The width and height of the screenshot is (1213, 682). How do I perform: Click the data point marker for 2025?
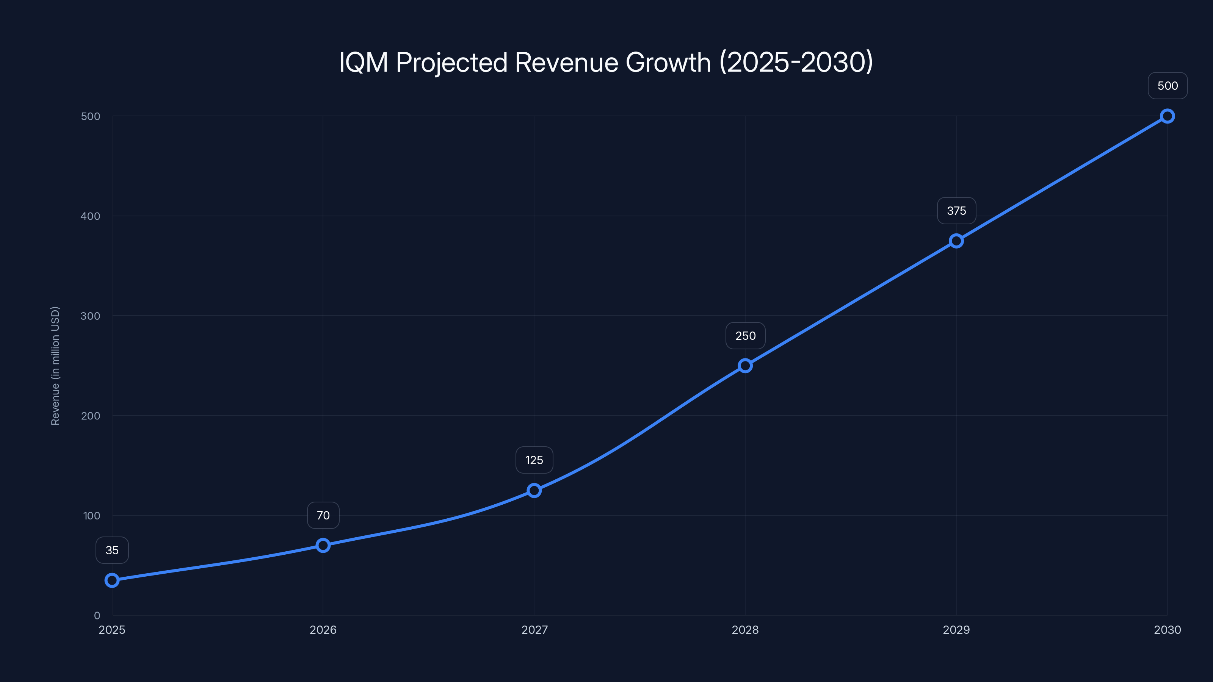[x=112, y=580]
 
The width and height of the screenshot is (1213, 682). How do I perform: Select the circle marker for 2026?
[x=323, y=546]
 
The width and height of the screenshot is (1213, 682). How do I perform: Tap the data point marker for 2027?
[x=534, y=490]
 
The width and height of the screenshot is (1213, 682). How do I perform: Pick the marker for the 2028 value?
[x=745, y=366]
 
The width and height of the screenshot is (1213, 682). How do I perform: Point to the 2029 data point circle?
[x=956, y=241]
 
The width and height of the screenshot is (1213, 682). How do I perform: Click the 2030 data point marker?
[x=1168, y=116]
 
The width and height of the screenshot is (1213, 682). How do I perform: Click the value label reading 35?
[x=112, y=550]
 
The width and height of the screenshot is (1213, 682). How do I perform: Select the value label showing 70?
[x=323, y=515]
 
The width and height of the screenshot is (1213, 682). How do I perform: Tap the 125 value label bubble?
[x=534, y=460]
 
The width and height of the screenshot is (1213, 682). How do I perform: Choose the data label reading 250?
[x=745, y=336]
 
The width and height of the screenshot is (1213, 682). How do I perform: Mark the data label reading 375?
[x=956, y=211]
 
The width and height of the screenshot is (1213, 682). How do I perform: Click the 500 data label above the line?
[x=1168, y=86]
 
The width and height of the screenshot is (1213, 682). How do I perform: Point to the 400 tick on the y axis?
[x=91, y=216]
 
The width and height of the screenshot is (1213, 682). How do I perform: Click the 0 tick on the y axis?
[x=97, y=616]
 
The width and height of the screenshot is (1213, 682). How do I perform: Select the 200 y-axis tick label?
[x=91, y=416]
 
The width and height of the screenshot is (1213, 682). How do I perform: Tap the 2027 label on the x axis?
[x=534, y=630]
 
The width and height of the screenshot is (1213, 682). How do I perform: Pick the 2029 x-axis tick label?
[x=956, y=630]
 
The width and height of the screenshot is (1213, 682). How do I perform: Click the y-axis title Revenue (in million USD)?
[x=55, y=366]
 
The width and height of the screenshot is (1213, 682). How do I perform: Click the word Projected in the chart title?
[x=451, y=62]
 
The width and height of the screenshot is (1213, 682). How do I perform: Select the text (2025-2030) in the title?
[x=796, y=62]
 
